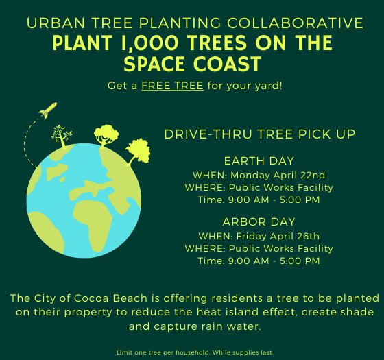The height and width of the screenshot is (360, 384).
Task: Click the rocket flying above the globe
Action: (x=47, y=109)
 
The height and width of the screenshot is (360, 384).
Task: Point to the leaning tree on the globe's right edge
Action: (x=137, y=150)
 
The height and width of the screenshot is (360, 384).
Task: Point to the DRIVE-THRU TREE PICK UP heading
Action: (x=260, y=133)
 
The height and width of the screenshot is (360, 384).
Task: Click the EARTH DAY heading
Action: (x=259, y=161)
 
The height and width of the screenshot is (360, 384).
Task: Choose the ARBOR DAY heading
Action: (x=259, y=222)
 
